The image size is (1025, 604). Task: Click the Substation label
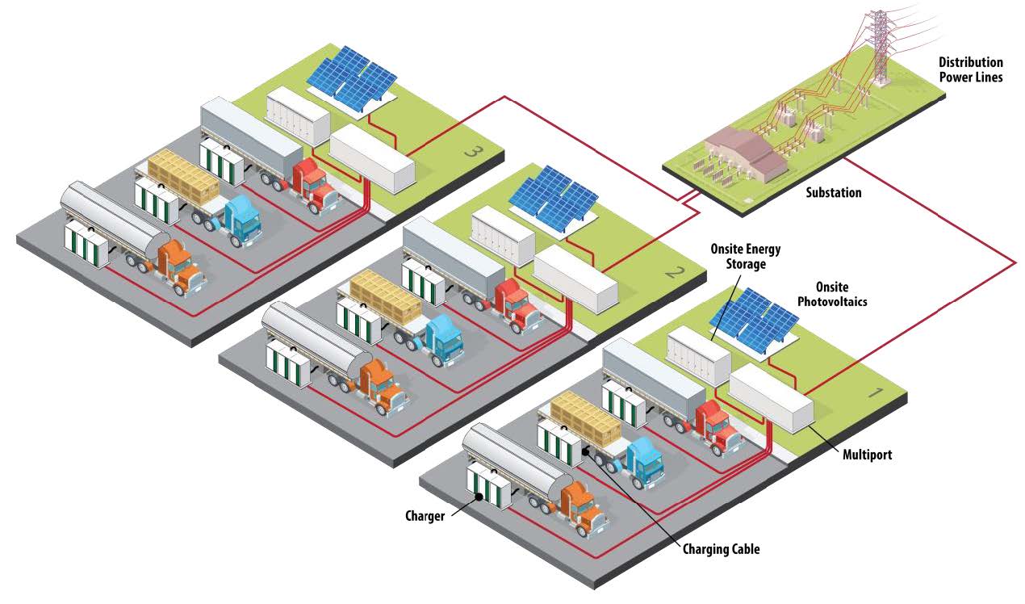[834, 193]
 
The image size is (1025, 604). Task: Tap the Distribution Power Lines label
[971, 69]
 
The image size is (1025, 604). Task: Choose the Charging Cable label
[722, 549]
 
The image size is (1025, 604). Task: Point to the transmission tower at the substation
[879, 44]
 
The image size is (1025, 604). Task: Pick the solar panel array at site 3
[352, 78]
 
